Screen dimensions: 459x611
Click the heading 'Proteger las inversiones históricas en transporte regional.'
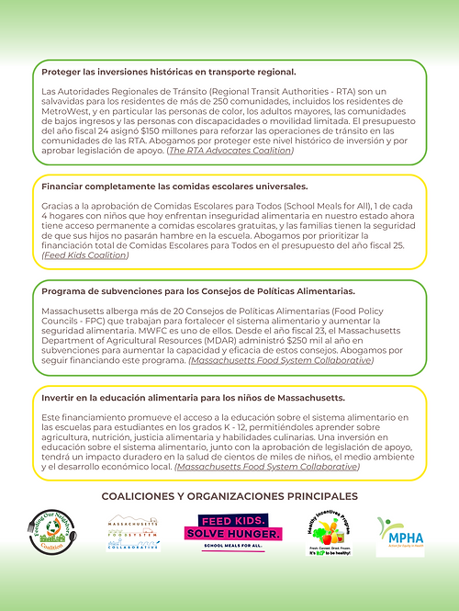pyautogui.click(x=169, y=72)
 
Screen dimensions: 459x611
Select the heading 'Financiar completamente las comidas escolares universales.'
pyautogui.click(x=174, y=186)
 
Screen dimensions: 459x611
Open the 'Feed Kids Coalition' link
pyautogui.click(x=85, y=255)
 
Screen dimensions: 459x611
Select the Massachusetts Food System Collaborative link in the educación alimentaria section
pyautogui.click(x=267, y=467)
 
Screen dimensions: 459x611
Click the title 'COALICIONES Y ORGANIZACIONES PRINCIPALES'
pyautogui.click(x=229, y=496)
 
